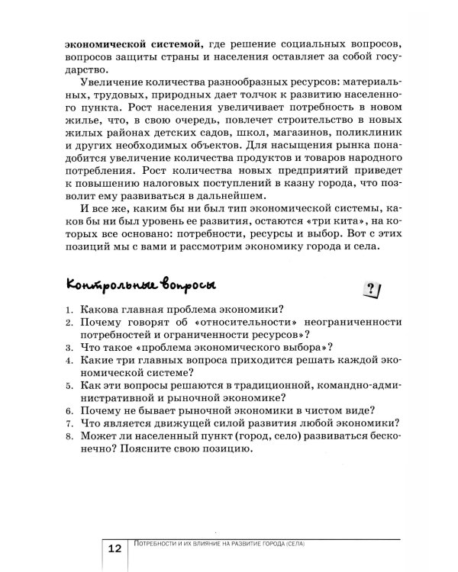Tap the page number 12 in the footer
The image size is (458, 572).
114,550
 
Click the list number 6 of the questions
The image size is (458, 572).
69,410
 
